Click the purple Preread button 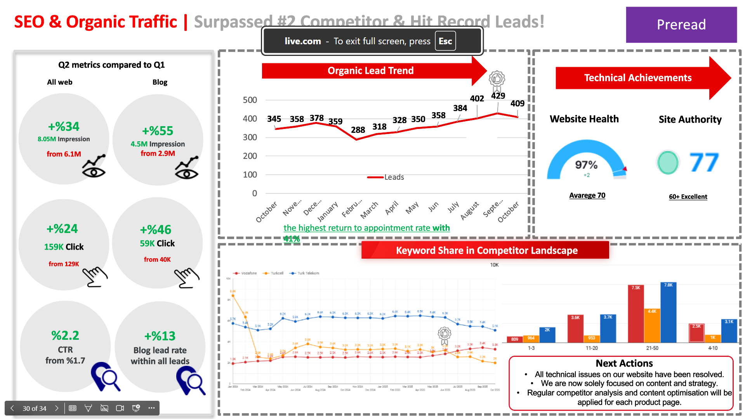coord(681,24)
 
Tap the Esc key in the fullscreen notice coord(445,41)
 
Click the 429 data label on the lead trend coord(498,96)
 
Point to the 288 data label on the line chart coord(358,130)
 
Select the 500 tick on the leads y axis coord(250,100)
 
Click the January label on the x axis coord(327,211)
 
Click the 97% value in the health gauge coord(586,165)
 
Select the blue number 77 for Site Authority coord(703,162)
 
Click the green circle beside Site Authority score coord(668,162)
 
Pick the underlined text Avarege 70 coord(587,195)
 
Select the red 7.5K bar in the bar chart coord(636,314)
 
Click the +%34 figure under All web coord(64,127)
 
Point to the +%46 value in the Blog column coord(156,229)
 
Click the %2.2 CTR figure coord(65,335)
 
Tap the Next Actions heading coord(624,363)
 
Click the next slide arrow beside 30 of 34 coord(57,408)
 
